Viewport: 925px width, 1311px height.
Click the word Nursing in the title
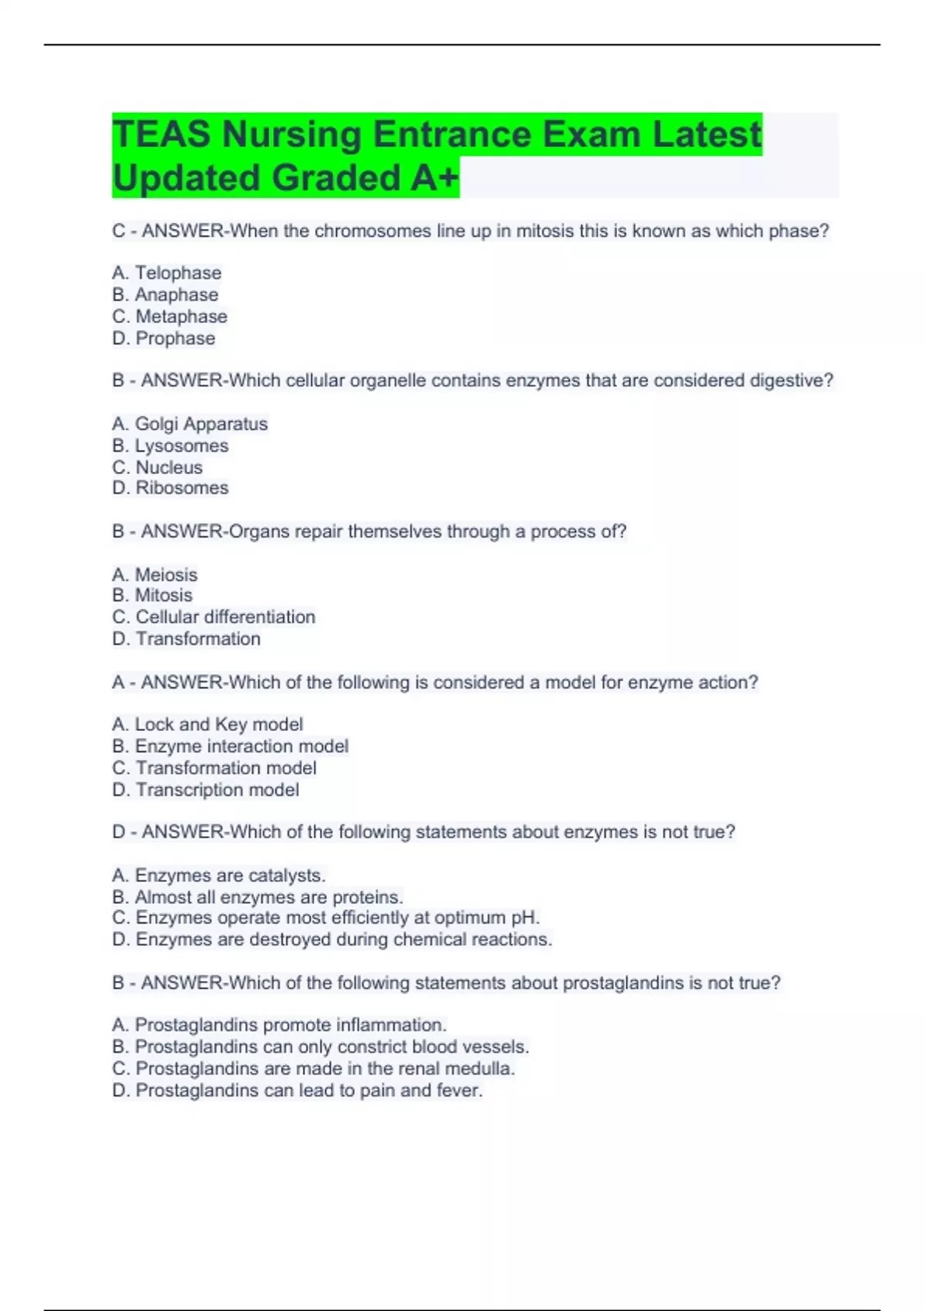pos(291,135)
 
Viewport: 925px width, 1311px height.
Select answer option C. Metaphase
pos(170,317)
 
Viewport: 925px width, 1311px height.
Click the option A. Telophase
pos(166,273)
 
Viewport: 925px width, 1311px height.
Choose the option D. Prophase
pos(163,339)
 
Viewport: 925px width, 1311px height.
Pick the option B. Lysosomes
pos(170,446)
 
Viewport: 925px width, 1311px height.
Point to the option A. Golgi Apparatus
pos(190,424)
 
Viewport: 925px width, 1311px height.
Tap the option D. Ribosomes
pos(170,488)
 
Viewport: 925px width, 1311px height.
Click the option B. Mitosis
pos(152,595)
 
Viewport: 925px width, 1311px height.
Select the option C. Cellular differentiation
pos(214,617)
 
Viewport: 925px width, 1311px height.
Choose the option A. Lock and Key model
pos(207,725)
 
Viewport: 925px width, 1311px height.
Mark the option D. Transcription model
pos(206,790)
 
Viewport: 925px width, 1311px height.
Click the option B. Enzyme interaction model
pos(230,746)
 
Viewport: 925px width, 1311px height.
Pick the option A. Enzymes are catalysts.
pos(219,876)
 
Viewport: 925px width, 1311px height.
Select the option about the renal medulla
pos(313,1069)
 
